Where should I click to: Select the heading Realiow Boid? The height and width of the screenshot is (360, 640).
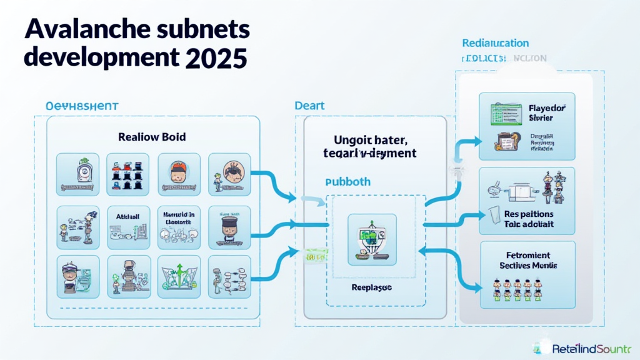(151, 136)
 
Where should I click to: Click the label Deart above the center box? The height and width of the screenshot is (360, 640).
(309, 106)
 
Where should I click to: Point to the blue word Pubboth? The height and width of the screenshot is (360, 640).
(347, 182)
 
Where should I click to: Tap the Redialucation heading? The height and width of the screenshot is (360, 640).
(495, 43)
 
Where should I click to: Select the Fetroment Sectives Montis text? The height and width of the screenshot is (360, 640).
(529, 260)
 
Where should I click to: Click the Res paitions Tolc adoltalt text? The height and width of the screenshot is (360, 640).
(529, 218)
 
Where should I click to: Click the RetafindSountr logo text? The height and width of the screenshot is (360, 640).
(591, 348)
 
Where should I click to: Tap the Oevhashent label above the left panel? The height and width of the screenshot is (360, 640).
(82, 106)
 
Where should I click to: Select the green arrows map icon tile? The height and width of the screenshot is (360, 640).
(179, 275)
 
